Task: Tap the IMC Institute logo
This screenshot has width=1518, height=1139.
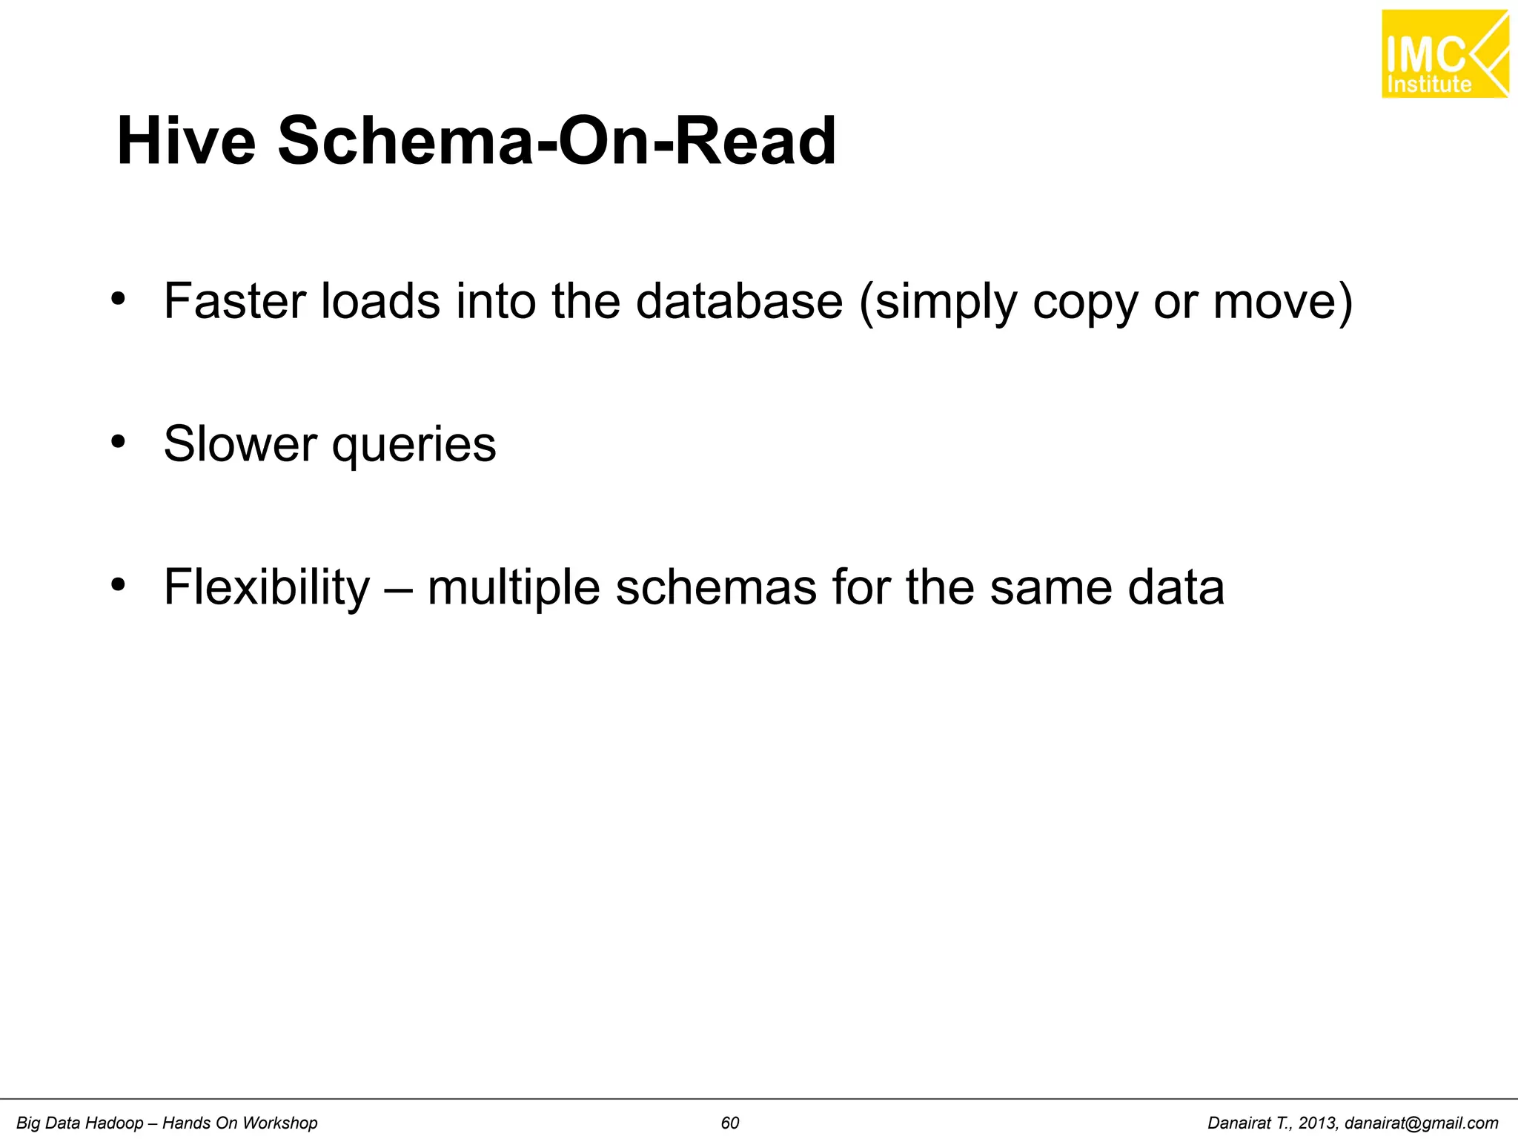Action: [1445, 54]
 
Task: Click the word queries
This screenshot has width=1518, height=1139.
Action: [413, 446]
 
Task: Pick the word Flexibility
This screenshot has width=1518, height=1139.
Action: [266, 587]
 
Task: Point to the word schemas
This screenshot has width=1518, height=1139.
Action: [715, 587]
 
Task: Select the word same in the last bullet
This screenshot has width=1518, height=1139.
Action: [1050, 587]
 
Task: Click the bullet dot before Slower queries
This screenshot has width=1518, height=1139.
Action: [118, 443]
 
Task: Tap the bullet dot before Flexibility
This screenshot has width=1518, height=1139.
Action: [118, 586]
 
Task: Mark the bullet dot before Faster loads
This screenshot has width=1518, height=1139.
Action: [118, 300]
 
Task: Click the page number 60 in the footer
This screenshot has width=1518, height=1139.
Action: [730, 1123]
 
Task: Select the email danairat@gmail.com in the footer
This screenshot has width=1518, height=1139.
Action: [1421, 1123]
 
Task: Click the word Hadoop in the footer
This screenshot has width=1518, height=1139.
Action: [113, 1123]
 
